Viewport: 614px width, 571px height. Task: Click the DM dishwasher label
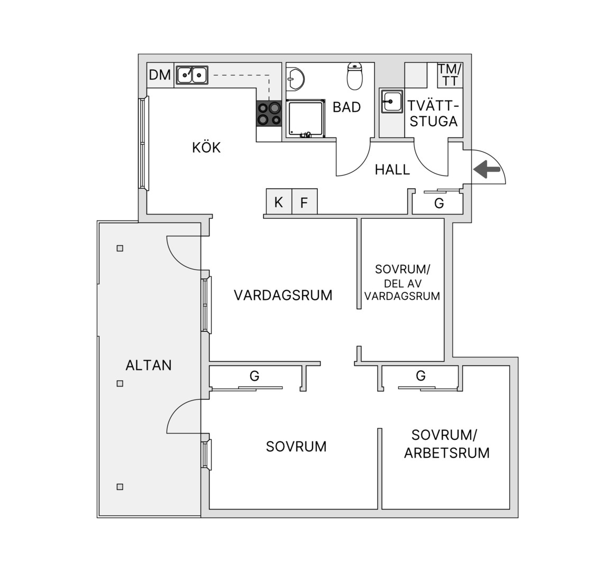(160, 75)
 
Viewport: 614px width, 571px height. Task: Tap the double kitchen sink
(191, 75)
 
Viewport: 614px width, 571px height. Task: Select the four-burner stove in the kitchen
(269, 114)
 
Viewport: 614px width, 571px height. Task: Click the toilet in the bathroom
(355, 76)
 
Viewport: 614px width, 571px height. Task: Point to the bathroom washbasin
(295, 79)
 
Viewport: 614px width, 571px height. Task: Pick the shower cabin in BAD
(306, 118)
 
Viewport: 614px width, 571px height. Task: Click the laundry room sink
(391, 102)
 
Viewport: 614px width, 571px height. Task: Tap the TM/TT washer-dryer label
(450, 75)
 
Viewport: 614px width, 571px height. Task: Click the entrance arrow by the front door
(487, 169)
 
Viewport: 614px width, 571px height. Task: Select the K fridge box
(279, 201)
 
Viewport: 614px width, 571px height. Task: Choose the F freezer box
(304, 201)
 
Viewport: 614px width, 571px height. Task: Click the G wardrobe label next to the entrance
(439, 203)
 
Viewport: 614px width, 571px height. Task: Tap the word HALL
(392, 170)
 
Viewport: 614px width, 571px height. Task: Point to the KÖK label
(206, 147)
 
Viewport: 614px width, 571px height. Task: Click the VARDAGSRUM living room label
(283, 295)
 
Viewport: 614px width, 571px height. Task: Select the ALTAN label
(149, 365)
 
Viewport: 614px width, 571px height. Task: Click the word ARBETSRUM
(447, 453)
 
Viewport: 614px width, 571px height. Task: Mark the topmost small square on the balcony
(120, 248)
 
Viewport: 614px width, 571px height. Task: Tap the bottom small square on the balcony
(120, 487)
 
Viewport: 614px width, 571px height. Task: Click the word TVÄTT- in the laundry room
(433, 106)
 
